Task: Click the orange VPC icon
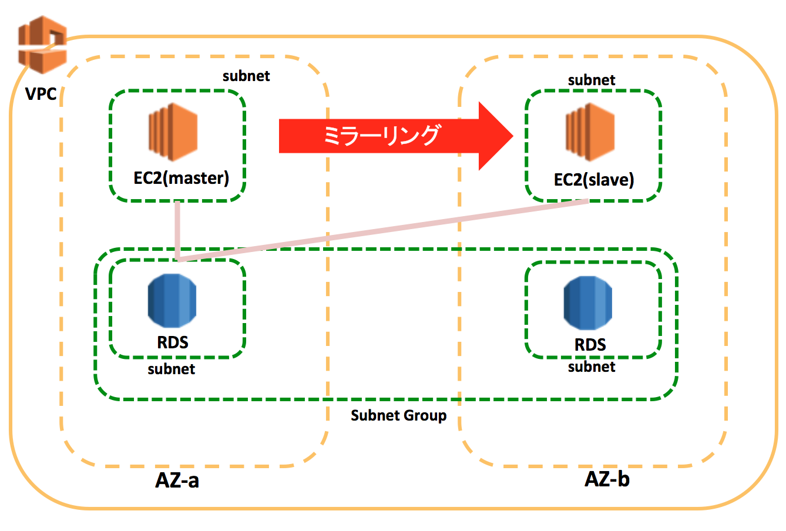(42, 45)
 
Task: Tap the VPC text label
(41, 93)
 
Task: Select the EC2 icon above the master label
(172, 133)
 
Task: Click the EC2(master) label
(181, 178)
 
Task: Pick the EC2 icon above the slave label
(589, 133)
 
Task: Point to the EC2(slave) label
(594, 180)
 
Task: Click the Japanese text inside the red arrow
(381, 136)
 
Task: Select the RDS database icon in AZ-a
(172, 300)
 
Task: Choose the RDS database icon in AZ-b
(587, 303)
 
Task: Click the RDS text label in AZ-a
(173, 342)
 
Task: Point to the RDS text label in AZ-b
(590, 344)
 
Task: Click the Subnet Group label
(398, 416)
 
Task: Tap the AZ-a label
(177, 480)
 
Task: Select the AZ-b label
(607, 479)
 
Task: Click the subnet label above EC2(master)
(246, 76)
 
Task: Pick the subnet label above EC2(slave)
(592, 80)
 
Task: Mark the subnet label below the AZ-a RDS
(171, 369)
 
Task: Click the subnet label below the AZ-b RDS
(592, 367)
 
